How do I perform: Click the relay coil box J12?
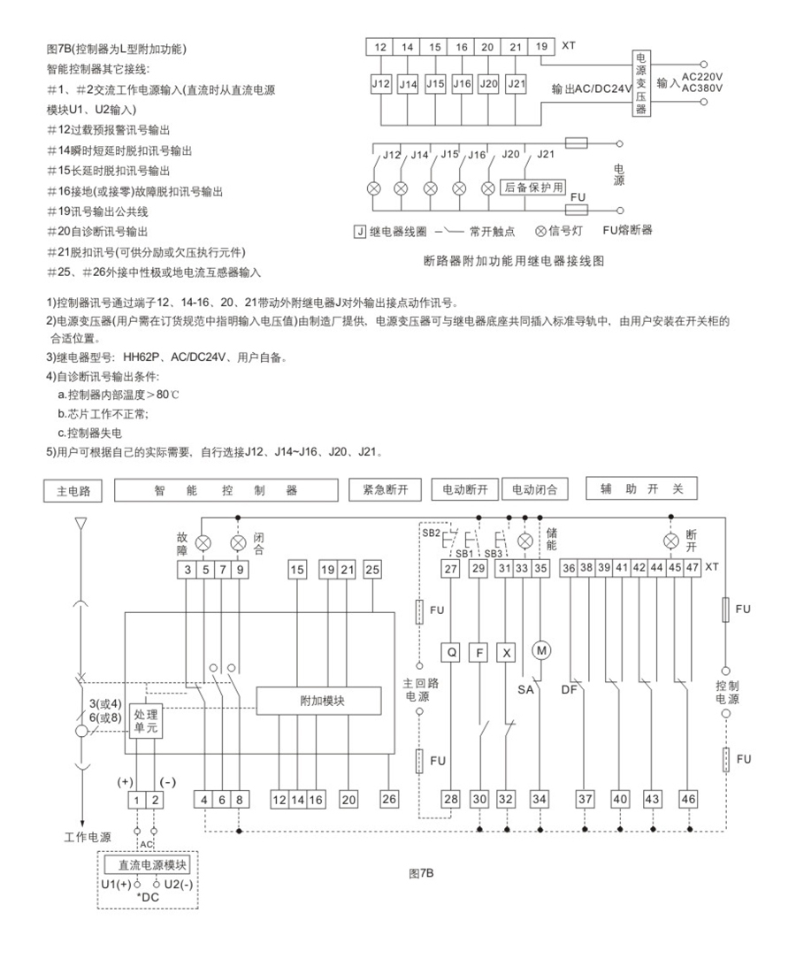381,84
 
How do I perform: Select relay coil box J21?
516,84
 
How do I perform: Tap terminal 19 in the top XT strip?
541,47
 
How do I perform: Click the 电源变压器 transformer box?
640,83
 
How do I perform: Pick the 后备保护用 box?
533,188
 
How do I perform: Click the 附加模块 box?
318,701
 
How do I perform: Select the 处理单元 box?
146,720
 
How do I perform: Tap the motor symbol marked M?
541,650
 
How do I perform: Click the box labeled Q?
450,652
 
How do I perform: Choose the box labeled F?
478,653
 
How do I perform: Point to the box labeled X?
506,653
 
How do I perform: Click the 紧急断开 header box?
386,489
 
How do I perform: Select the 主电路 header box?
73,490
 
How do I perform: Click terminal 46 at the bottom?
688,799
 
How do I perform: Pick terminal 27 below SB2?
450,569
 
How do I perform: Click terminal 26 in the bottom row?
389,799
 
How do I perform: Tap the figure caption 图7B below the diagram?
421,873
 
